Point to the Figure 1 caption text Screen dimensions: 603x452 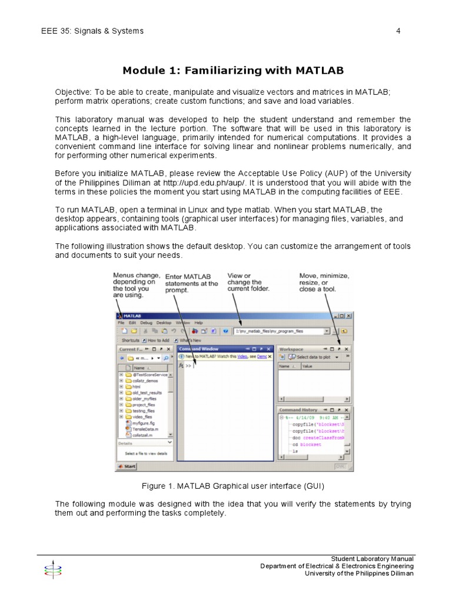click(233, 486)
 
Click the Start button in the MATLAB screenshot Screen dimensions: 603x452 click(127, 466)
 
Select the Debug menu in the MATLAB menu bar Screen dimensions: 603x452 click(146, 323)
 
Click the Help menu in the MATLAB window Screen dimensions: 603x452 click(198, 323)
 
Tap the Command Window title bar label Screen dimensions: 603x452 click(202, 349)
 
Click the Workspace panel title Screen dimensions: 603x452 click(291, 349)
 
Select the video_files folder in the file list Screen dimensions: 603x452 click(142, 416)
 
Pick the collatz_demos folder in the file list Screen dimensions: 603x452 click(145, 380)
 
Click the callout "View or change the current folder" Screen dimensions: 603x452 click(248, 282)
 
